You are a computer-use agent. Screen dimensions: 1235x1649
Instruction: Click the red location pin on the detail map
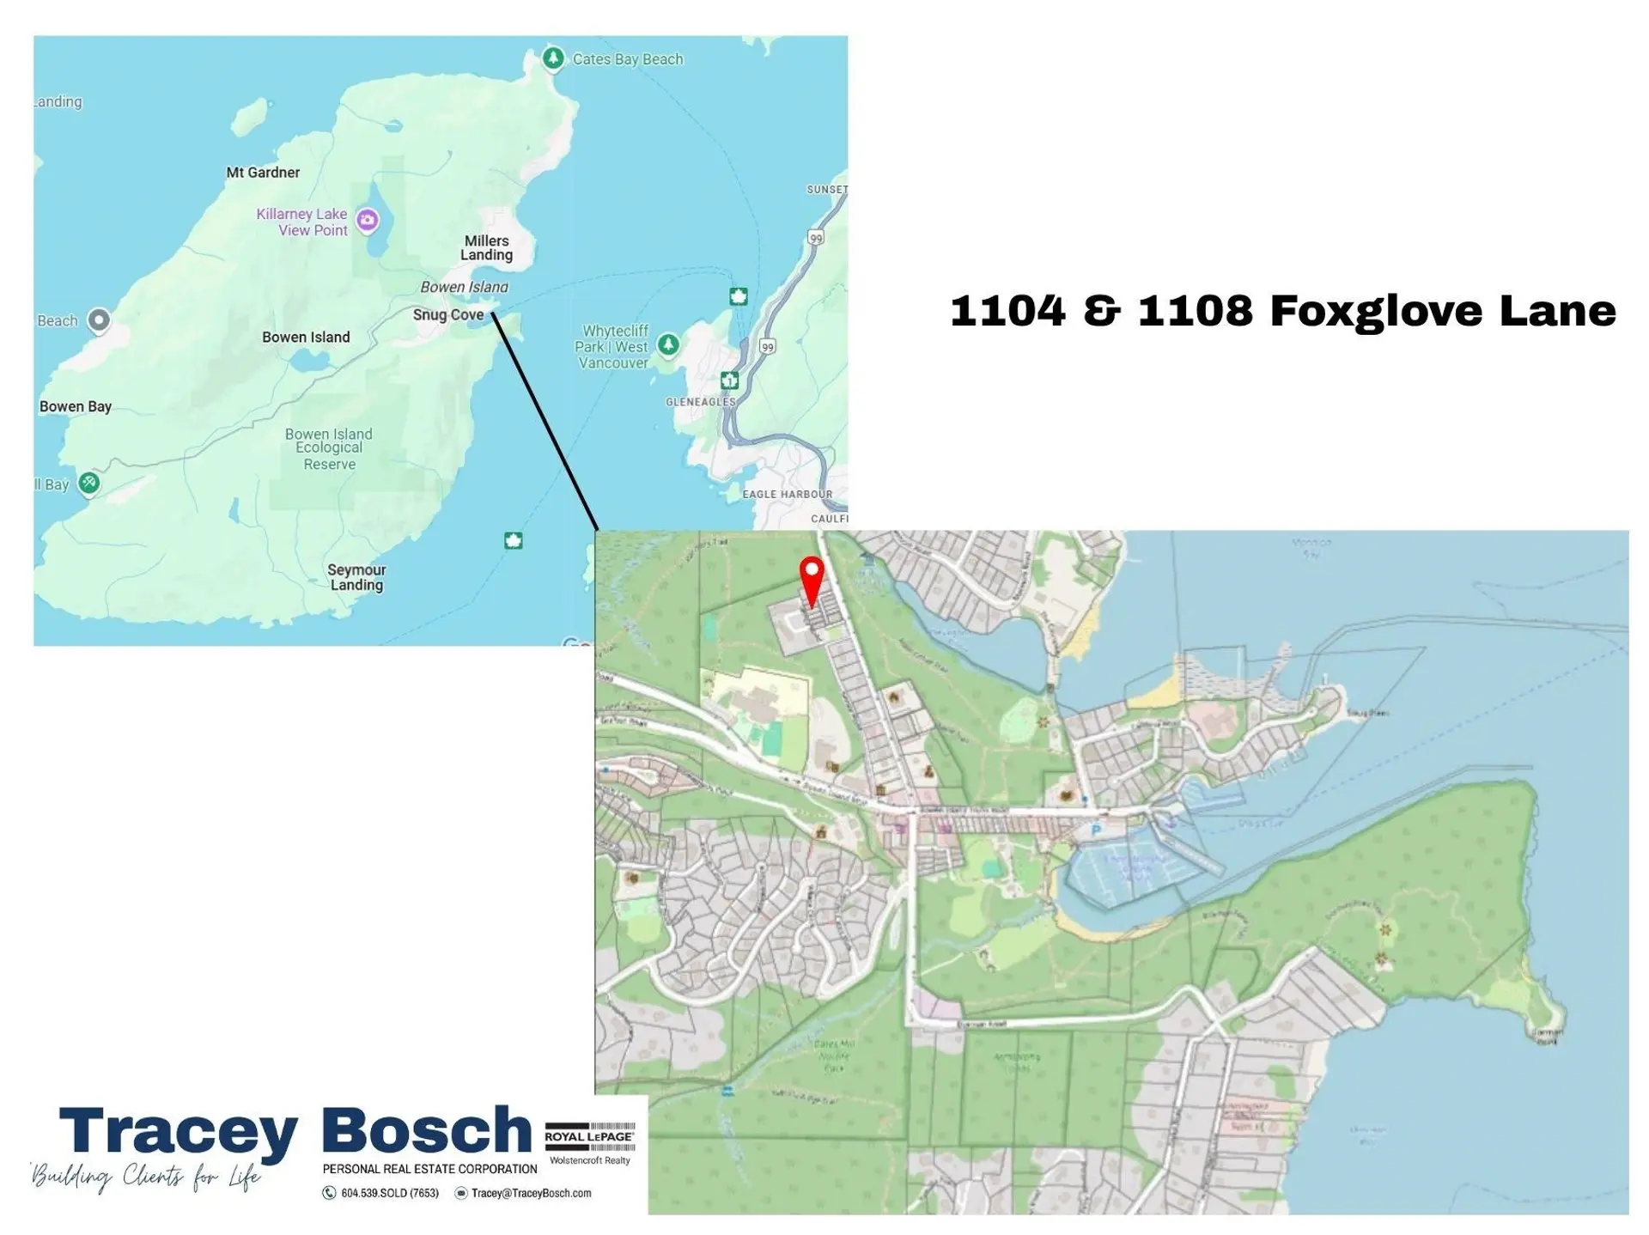pos(812,578)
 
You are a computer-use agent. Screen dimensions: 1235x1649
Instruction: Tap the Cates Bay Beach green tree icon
pos(553,58)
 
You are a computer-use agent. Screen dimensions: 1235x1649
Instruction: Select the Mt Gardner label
pos(263,173)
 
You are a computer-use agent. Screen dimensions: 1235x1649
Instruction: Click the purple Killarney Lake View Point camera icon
pos(368,221)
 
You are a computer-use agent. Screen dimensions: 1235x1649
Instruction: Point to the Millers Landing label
pos(486,248)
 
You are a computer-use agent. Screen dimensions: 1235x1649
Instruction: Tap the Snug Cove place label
pos(448,315)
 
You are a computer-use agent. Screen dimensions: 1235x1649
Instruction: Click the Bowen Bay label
pos(76,407)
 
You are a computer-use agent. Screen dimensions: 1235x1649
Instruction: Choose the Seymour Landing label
pos(356,577)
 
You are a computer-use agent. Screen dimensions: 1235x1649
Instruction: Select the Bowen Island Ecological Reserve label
pos(329,449)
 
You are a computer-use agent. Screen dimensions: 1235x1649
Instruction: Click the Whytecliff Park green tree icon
pos(668,345)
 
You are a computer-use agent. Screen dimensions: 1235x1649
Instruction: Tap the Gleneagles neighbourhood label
pos(701,402)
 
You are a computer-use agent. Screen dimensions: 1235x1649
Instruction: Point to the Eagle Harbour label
pos(788,495)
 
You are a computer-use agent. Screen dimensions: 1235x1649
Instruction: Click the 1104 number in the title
pos(1007,311)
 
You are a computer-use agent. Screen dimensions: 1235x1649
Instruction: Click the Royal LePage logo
pos(590,1137)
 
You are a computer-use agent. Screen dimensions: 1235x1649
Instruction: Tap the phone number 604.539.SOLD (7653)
pos(390,1194)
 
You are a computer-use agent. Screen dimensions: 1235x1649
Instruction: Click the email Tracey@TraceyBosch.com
pos(531,1194)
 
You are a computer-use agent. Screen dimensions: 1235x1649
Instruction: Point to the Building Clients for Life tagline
pos(146,1176)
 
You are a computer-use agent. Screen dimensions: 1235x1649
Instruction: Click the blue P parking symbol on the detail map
pos(1096,830)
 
